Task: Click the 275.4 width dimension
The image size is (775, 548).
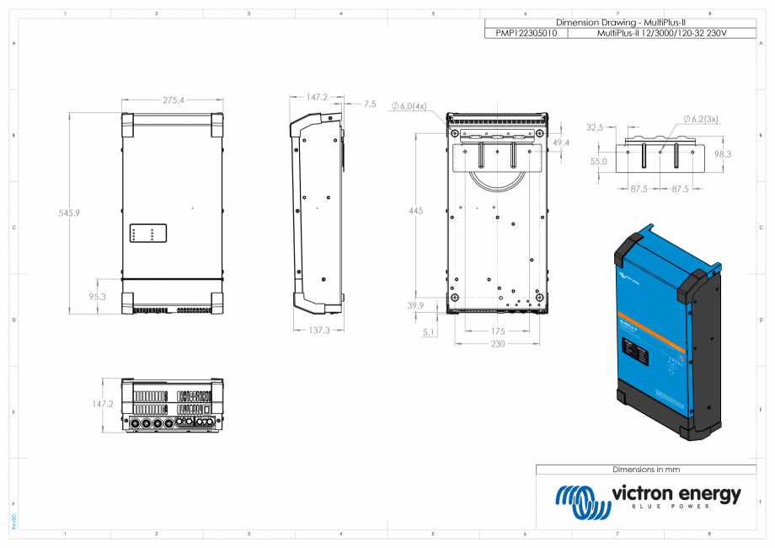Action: tap(174, 100)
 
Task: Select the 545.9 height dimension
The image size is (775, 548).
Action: tap(69, 213)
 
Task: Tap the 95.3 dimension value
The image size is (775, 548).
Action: tap(97, 297)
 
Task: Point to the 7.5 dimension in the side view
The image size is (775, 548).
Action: tap(370, 104)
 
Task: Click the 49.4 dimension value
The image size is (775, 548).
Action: tap(560, 143)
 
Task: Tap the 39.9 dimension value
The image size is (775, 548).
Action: tap(415, 305)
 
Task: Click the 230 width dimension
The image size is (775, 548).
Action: tap(497, 343)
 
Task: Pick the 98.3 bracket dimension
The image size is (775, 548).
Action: tap(722, 154)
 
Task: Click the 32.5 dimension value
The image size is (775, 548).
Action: tap(595, 127)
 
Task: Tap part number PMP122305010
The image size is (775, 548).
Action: tap(526, 33)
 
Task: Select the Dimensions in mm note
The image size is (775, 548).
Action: tap(646, 469)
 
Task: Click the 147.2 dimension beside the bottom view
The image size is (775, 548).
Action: tap(103, 404)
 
